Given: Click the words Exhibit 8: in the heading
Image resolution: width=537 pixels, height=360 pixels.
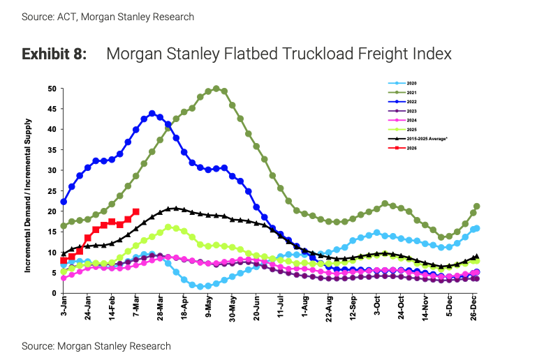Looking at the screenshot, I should click(54, 54).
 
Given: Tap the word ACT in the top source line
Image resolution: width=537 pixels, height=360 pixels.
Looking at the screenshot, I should click(69, 16).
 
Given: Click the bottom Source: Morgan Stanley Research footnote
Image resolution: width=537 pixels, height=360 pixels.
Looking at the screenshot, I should click(96, 345).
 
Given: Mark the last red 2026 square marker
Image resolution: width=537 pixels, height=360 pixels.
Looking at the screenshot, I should click(135, 212).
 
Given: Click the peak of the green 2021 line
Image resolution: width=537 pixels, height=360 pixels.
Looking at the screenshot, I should click(216, 89).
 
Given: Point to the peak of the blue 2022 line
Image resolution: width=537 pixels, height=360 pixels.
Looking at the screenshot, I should click(152, 112).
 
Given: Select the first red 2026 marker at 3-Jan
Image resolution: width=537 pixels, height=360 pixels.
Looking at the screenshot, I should click(64, 261).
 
